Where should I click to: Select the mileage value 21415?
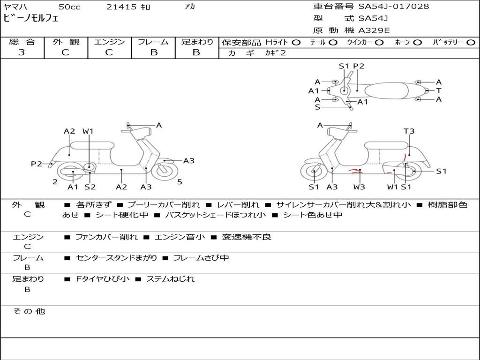coord(121,7)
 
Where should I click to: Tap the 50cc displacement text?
coord(69,7)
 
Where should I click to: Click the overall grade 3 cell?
coord(22,52)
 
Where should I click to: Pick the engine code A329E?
coord(374,31)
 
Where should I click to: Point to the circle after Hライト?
coord(296,42)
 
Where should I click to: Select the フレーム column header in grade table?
coord(153,42)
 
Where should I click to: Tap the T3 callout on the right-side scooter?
coord(409,131)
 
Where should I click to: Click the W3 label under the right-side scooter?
coord(359,187)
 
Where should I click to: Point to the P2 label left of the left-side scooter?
coord(36,164)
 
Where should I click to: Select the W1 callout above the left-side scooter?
coord(88,131)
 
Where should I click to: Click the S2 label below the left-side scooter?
coord(90,187)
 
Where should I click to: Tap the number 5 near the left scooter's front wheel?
coord(180,181)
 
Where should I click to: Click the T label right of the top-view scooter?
coord(439,90)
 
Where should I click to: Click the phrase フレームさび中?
coord(201,258)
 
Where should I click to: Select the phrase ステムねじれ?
coord(170,279)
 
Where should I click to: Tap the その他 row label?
coord(29,311)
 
